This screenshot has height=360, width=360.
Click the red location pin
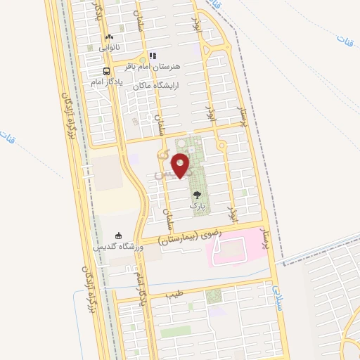(x=181, y=166)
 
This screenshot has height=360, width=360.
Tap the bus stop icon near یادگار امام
(x=106, y=71)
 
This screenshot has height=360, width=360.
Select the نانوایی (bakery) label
(x=109, y=47)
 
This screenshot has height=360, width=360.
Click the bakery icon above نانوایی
(x=108, y=37)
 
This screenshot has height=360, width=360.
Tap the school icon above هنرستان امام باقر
(x=153, y=56)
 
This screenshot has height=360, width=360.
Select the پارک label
(x=198, y=207)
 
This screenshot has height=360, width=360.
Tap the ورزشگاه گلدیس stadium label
(x=118, y=247)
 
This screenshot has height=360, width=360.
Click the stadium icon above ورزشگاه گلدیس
(x=118, y=236)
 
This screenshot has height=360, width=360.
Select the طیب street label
(x=174, y=294)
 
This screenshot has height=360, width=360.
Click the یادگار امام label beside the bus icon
(x=107, y=82)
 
